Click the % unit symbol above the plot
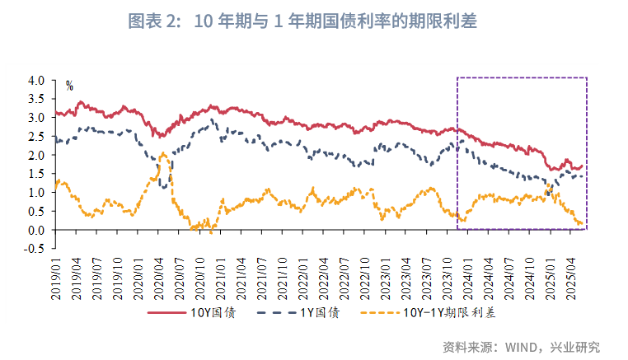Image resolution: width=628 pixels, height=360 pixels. [69, 85]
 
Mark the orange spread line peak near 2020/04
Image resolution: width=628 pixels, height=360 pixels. [163, 154]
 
